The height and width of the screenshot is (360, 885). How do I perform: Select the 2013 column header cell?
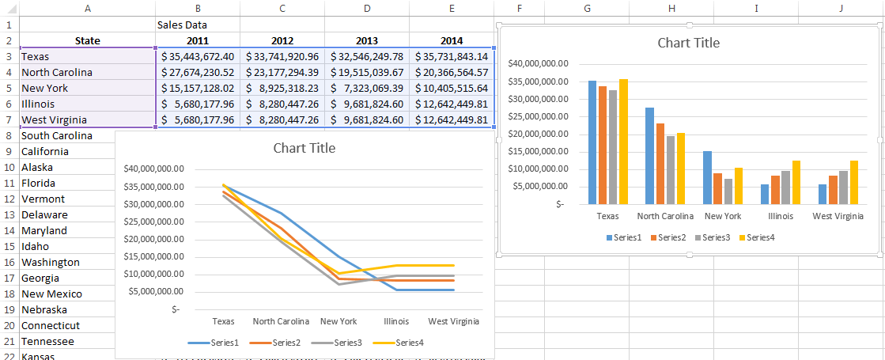pyautogui.click(x=366, y=40)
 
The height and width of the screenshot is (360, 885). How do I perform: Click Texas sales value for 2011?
pyautogui.click(x=198, y=56)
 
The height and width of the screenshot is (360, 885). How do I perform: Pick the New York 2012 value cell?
pyautogui.click(x=282, y=88)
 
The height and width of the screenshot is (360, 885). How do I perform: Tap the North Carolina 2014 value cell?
pyautogui.click(x=452, y=72)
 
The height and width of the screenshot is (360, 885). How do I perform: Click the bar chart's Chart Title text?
pyautogui.click(x=688, y=43)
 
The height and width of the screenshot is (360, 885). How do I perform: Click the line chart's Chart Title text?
pyautogui.click(x=304, y=148)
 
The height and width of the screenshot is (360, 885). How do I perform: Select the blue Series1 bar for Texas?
pyautogui.click(x=592, y=142)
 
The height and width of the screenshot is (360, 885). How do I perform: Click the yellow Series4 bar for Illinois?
pyautogui.click(x=796, y=182)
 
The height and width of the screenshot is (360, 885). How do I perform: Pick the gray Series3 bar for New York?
pyautogui.click(x=727, y=191)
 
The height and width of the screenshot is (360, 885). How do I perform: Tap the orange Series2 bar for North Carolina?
pyautogui.click(x=660, y=163)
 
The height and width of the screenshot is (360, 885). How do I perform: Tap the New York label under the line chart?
pyautogui.click(x=338, y=322)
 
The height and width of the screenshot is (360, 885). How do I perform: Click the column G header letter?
pyautogui.click(x=587, y=7)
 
